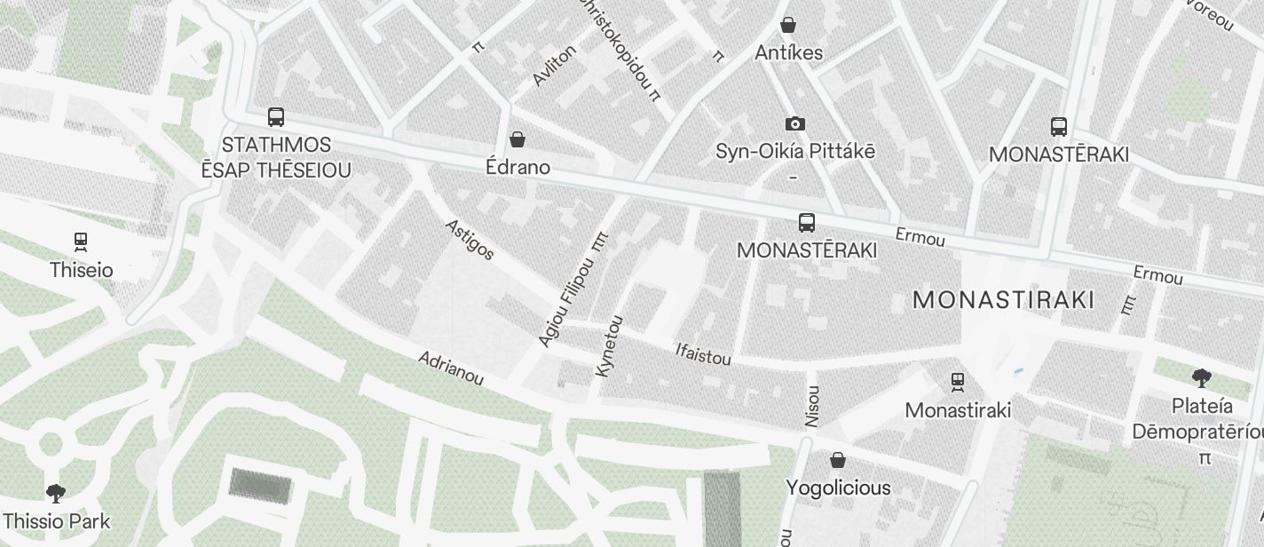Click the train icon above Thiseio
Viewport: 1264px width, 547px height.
pos(81,242)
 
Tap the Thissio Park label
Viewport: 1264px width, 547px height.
pos(57,521)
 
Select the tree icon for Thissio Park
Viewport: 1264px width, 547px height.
pos(56,493)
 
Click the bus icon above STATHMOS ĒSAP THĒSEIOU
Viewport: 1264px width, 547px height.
pos(276,117)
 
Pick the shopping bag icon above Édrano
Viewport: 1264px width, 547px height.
pos(517,139)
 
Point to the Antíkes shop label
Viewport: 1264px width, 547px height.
pos(788,53)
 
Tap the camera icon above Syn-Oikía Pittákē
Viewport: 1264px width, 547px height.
pos(794,124)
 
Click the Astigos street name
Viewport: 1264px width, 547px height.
pos(469,240)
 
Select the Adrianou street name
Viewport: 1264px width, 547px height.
pos(451,369)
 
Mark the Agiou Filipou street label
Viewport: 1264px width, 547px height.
pos(565,302)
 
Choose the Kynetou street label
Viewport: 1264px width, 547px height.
pos(610,346)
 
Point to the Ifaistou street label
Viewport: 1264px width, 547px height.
pos(703,354)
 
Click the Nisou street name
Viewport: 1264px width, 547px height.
pos(811,407)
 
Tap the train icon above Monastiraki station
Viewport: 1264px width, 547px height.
pos(958,383)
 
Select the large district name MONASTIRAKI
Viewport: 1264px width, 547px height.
pos(1003,300)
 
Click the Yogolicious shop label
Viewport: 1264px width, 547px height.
pos(838,488)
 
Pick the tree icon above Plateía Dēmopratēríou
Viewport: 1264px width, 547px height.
pos(1202,378)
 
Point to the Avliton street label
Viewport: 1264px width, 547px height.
pos(554,65)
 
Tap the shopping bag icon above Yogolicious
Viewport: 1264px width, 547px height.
pos(837,460)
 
